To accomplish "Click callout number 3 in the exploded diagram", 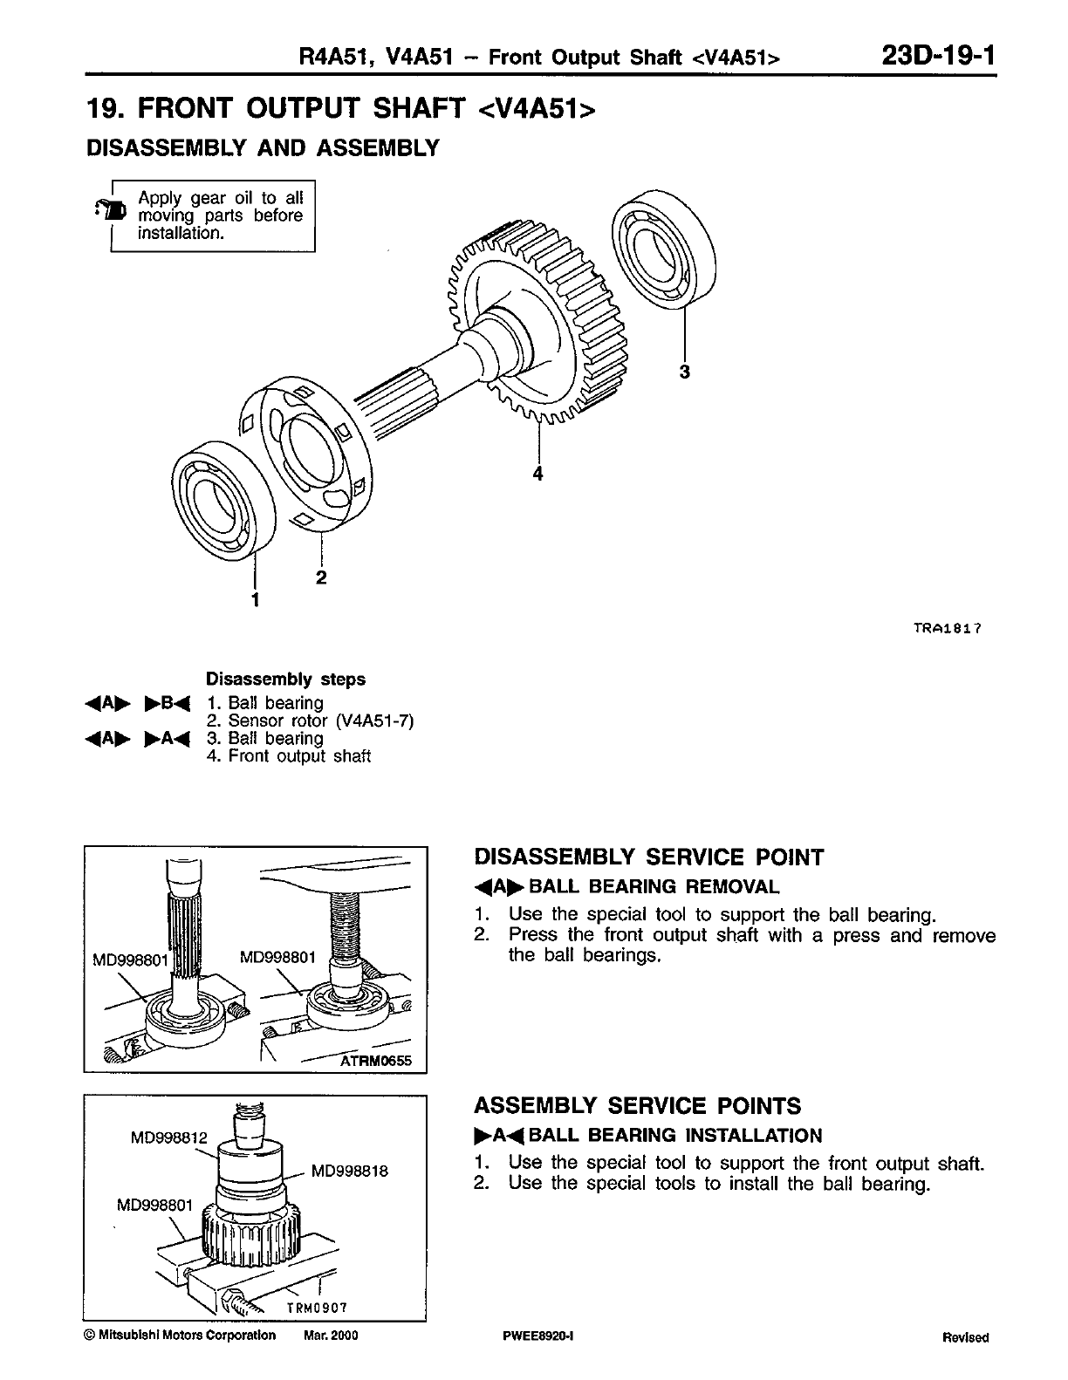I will [x=685, y=372].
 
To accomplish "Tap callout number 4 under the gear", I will [x=538, y=474].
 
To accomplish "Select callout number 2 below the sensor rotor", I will [x=321, y=577].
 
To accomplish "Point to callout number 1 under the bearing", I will [x=255, y=599].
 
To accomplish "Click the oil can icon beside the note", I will [x=113, y=209].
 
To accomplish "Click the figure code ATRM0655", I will [x=378, y=1061].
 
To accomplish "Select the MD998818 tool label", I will [x=349, y=1172].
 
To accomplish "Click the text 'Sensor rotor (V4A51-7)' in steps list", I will [x=320, y=721].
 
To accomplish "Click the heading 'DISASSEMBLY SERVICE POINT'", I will [x=648, y=857].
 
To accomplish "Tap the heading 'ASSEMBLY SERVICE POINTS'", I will [x=637, y=1106].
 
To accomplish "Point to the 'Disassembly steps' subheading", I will [x=285, y=679].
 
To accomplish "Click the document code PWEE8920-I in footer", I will [x=532, y=1336].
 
